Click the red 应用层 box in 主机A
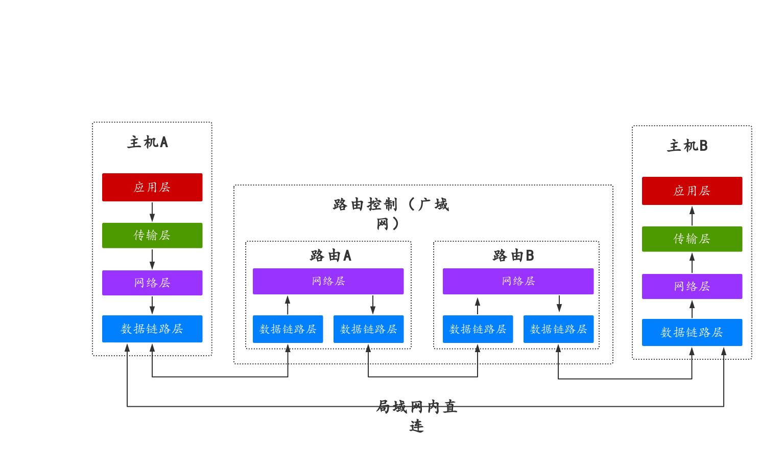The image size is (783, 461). [152, 187]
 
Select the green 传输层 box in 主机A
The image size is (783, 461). [152, 235]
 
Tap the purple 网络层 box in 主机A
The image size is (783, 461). [152, 283]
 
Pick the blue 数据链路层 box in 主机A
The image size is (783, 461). [152, 329]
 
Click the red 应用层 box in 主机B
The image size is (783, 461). [692, 191]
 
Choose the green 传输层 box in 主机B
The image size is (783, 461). [692, 239]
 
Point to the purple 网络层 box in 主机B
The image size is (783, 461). [692, 286]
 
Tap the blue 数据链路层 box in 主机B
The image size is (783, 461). [692, 332]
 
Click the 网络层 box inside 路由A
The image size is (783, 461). [328, 281]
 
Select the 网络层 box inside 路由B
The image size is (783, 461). [518, 281]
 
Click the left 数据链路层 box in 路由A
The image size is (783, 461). [288, 329]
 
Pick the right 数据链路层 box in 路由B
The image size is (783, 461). [558, 329]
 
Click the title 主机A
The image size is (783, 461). [148, 142]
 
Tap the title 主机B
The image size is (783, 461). [687, 146]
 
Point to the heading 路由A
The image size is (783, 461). [330, 256]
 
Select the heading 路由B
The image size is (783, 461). [513, 256]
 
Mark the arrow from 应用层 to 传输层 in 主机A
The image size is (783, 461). [152, 212]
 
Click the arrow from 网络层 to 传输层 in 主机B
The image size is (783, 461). [692, 263]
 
